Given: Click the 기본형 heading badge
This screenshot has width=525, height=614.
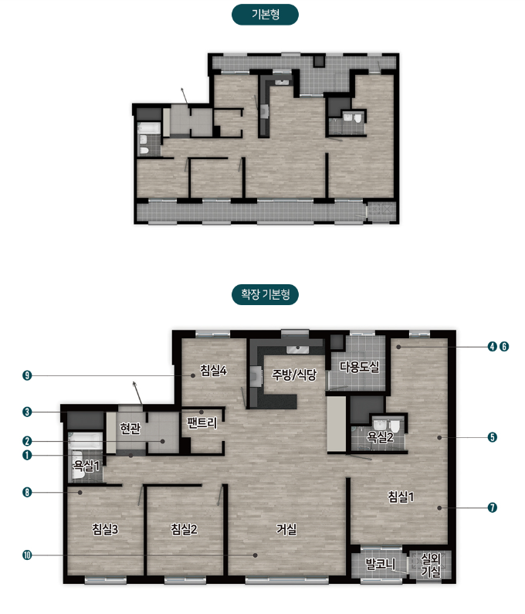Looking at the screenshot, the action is point(265,15).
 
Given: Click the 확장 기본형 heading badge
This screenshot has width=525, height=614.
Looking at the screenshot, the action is point(265,294).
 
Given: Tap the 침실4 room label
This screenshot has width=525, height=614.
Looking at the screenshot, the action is point(213,370).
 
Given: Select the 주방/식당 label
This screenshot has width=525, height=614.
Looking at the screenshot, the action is point(294,375).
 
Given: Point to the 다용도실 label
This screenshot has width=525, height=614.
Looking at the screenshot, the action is point(360,367).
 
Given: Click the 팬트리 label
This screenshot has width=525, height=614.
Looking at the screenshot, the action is point(202,423).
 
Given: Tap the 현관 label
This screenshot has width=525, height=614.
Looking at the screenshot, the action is point(130,429).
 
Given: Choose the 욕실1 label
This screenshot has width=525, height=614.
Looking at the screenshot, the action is point(86,466).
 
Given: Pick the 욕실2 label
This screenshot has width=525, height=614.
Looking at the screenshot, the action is point(380,436).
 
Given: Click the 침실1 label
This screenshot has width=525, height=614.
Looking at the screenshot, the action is point(401,497).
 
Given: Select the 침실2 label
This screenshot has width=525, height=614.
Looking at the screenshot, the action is point(184,529).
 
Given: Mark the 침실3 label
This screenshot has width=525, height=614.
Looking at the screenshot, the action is point(105,529).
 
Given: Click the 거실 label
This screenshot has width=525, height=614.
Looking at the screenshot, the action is point(286,529).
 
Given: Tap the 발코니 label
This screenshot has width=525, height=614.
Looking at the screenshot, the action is point(380,565).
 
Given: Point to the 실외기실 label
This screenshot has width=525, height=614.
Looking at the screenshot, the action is point(431,565).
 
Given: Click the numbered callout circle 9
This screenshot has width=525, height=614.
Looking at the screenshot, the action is point(27,376).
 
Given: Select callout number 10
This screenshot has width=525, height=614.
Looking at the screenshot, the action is point(27,555).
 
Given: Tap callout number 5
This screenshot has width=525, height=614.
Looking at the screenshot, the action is point(493,437).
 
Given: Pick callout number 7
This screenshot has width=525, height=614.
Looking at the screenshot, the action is point(493,508).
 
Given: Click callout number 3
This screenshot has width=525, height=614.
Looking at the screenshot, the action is point(27,412).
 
